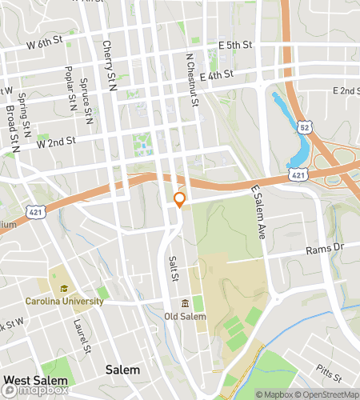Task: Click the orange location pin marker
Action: [180, 198]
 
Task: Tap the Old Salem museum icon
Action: [186, 303]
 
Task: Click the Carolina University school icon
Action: [63, 288]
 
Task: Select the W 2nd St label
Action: [55, 141]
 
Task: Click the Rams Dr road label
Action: [324, 250]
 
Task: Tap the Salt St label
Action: [172, 267]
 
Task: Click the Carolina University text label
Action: [64, 302]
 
